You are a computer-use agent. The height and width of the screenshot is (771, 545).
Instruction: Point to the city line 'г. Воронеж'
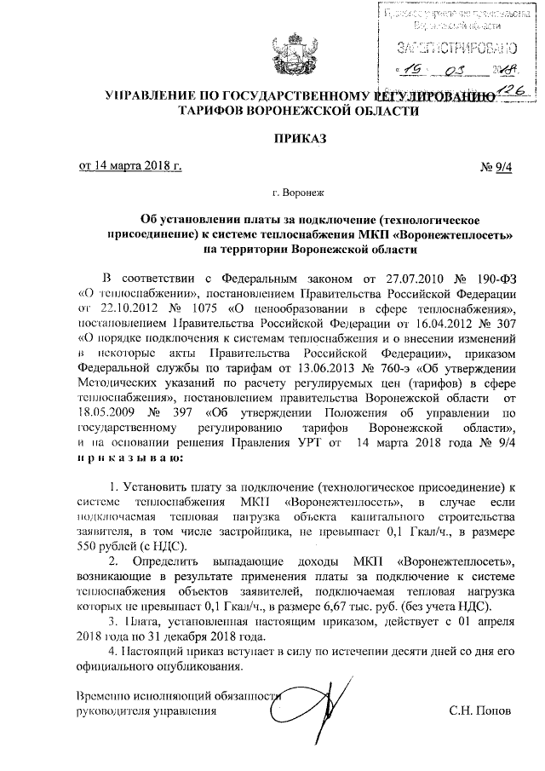[272, 194]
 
